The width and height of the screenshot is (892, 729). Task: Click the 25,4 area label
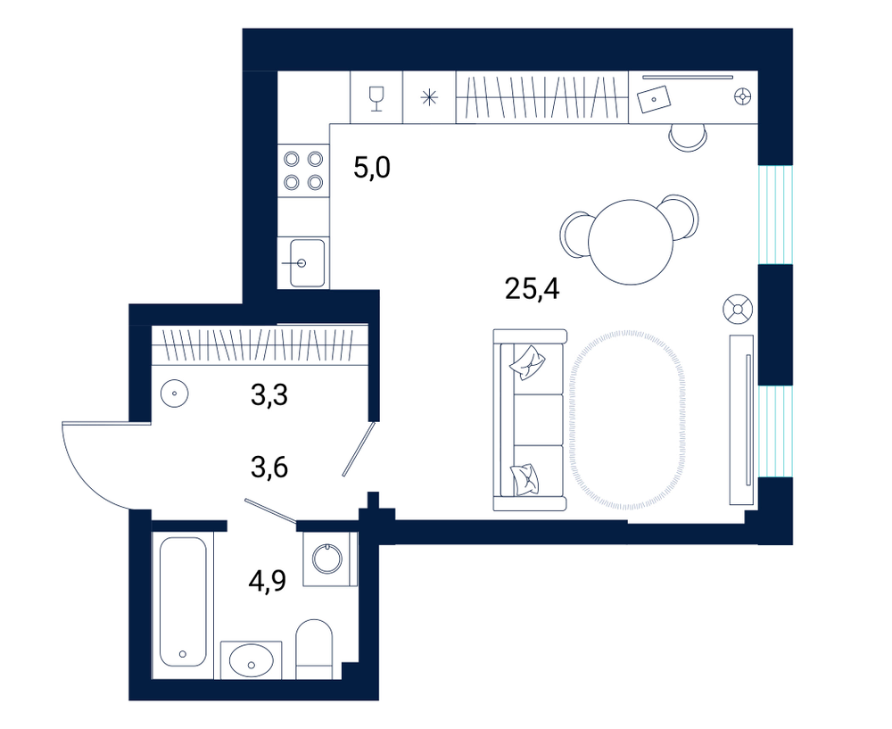pyautogui.click(x=532, y=290)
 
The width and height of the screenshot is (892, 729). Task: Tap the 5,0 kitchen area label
pyautogui.click(x=371, y=169)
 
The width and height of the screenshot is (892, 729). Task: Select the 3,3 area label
pyautogui.click(x=269, y=395)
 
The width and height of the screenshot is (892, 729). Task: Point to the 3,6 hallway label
pyautogui.click(x=269, y=468)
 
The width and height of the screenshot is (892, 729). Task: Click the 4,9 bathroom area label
pyautogui.click(x=268, y=581)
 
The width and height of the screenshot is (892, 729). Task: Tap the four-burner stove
pyautogui.click(x=304, y=170)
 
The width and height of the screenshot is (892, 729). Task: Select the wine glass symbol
pyautogui.click(x=376, y=98)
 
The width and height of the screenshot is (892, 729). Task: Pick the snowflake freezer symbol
pyautogui.click(x=429, y=98)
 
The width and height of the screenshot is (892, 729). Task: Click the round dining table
pyautogui.click(x=631, y=242)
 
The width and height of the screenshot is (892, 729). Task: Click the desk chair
pyautogui.click(x=689, y=137)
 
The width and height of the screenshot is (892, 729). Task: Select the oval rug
pyautogui.click(x=627, y=418)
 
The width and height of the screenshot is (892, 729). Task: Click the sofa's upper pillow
pyautogui.click(x=528, y=362)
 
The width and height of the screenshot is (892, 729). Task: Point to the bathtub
pyautogui.click(x=182, y=601)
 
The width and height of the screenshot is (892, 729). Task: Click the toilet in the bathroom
pyautogui.click(x=314, y=648)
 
